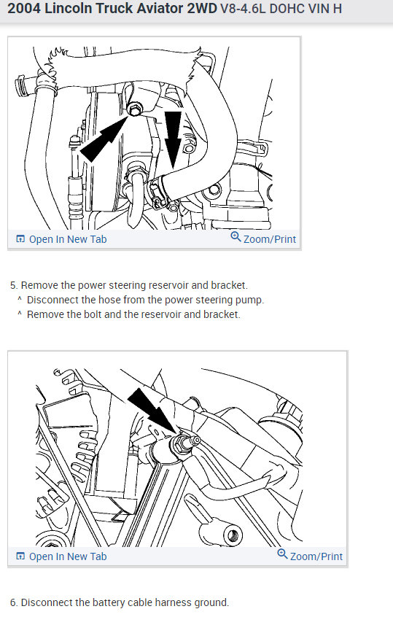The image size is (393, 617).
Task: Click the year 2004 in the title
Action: (x=23, y=8)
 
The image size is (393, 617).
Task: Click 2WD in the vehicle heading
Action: (x=202, y=8)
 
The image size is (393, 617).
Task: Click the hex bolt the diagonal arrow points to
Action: (x=135, y=109)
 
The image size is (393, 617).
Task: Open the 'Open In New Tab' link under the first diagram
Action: (x=68, y=239)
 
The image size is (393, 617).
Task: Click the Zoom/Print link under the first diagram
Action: (x=270, y=239)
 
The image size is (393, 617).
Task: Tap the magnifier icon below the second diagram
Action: (x=282, y=554)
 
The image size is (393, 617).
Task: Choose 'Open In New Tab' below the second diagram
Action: (x=68, y=556)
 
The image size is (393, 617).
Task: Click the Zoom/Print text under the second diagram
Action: (x=316, y=556)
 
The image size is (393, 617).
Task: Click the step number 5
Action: (x=14, y=285)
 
